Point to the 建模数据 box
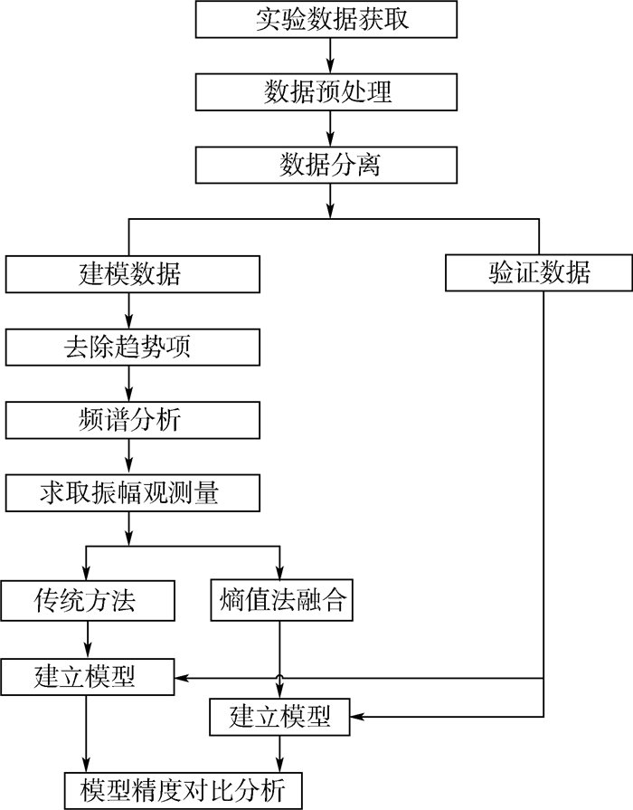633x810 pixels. (131, 273)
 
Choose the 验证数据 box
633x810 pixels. (540, 273)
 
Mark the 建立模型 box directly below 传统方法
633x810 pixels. (87, 675)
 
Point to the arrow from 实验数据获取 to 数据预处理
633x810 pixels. (331, 55)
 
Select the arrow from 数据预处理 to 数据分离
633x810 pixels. (331, 129)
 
